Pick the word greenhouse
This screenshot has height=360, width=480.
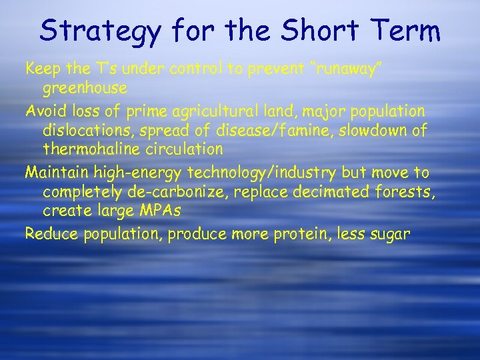(x=85, y=88)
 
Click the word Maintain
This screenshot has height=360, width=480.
(x=57, y=173)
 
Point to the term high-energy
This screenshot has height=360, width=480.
(x=139, y=173)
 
